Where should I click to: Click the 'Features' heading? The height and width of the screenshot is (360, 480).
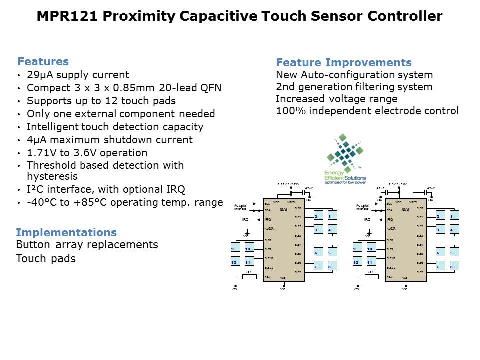43,62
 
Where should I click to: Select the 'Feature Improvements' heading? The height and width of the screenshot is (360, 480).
344,63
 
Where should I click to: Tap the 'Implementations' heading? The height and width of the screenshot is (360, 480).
66,233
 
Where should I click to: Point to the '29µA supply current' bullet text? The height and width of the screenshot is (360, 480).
78,75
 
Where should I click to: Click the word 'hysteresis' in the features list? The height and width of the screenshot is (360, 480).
52,177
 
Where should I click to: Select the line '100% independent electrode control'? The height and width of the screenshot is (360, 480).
367,111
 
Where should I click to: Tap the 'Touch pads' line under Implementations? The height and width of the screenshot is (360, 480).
46,259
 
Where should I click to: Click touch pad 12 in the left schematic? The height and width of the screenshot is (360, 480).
234,262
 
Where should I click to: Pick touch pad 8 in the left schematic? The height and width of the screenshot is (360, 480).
330,267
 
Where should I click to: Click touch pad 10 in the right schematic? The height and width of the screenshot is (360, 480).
370,249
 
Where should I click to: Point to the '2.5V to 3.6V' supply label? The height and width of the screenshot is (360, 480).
398,184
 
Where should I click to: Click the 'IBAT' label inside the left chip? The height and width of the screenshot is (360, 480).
284,209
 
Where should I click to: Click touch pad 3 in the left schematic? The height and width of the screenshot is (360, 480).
317,230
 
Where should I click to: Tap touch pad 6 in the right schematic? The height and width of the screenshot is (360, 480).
438,253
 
